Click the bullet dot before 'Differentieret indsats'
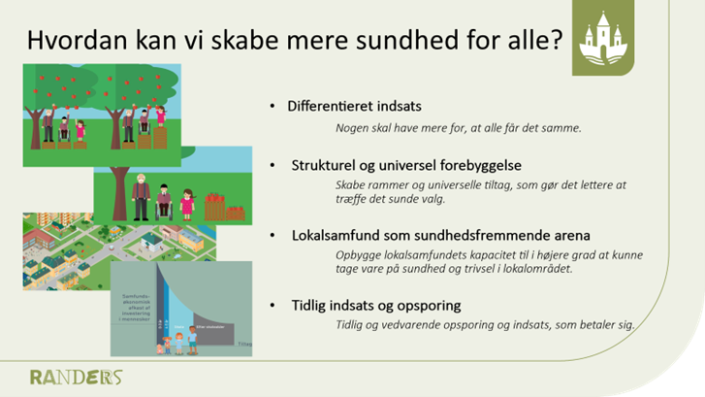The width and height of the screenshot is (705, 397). [273, 105]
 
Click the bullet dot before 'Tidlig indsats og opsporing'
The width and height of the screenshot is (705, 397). [273, 305]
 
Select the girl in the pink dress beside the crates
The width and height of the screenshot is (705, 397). [186, 204]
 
